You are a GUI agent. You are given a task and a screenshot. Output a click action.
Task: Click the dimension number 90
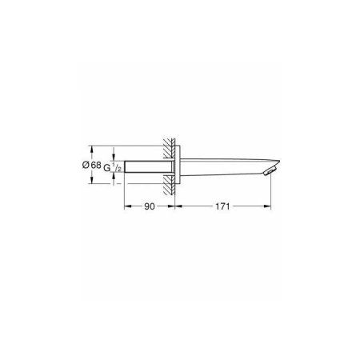[149, 206]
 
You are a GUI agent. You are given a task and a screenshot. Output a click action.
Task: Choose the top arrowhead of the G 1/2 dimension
[116, 154]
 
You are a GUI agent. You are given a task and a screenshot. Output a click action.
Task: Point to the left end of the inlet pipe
[126, 166]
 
